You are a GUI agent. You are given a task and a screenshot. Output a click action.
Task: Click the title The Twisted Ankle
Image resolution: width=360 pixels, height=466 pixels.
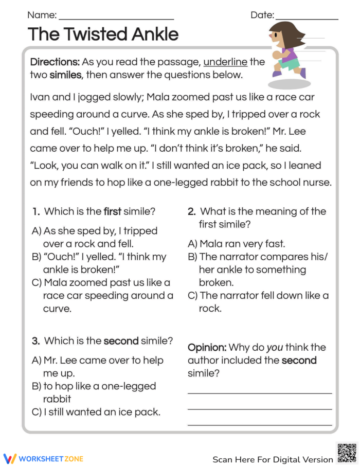(103, 34)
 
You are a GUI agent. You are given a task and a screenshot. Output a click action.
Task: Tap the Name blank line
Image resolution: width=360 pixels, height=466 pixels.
(116, 19)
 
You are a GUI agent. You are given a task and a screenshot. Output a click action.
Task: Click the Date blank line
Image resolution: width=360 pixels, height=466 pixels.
(307, 19)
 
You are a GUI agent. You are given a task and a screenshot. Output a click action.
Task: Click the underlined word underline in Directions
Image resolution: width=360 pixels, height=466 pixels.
(225, 62)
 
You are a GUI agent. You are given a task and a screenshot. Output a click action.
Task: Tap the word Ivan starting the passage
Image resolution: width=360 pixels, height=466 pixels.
(40, 97)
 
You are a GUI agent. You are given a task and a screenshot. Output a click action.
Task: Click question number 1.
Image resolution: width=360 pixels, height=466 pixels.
(36, 211)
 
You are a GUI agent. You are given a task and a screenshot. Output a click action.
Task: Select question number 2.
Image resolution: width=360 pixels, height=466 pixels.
(191, 211)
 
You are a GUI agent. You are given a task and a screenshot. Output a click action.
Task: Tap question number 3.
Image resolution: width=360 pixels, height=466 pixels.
(36, 341)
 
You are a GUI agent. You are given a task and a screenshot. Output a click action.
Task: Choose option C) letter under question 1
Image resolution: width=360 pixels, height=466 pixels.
(37, 283)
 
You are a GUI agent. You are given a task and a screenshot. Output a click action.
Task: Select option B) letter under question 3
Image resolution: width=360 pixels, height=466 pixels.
(37, 386)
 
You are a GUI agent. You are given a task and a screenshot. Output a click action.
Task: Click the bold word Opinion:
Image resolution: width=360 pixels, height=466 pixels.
(207, 348)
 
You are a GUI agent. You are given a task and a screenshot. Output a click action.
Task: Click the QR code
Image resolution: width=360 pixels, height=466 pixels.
(346, 453)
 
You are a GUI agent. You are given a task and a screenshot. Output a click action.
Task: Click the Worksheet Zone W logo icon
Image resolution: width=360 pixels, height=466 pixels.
(10, 458)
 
